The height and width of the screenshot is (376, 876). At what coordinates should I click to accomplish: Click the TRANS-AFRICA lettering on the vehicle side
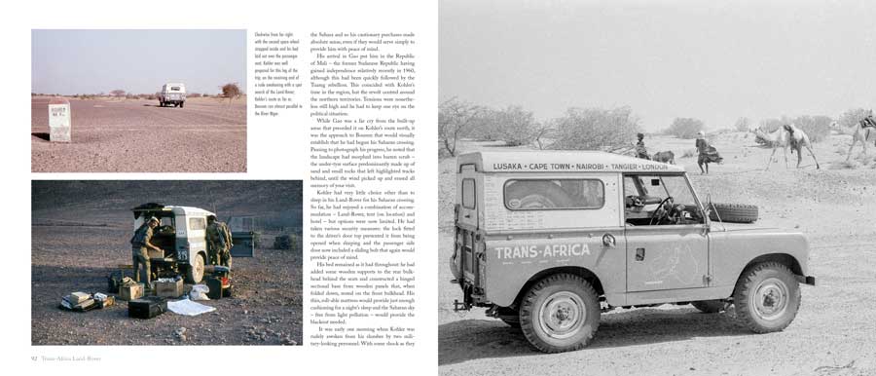pos(541,251)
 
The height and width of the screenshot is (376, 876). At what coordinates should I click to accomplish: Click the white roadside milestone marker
pos(59,122)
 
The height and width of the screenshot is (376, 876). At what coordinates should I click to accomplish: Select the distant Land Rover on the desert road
pos(172,94)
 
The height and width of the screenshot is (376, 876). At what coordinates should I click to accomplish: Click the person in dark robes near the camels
pos(703,151)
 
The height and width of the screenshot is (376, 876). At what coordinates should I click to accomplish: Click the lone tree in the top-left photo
pos(230,91)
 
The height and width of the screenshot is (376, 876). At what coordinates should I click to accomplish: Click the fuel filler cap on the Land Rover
pos(609,241)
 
